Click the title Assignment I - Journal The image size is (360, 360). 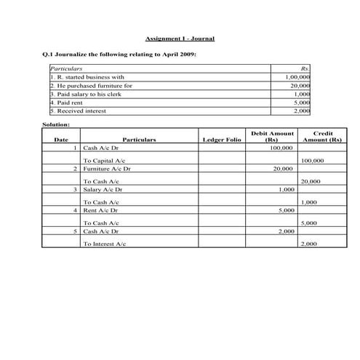click(x=180, y=38)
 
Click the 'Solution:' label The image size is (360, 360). click(x=56, y=125)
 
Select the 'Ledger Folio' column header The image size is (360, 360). click(x=221, y=138)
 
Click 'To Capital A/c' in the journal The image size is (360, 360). click(x=104, y=160)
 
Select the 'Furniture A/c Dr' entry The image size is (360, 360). click(x=107, y=169)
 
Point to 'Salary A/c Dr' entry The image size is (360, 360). click(x=104, y=189)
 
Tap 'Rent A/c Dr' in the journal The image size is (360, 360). click(x=102, y=210)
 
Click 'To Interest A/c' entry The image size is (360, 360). click(x=105, y=244)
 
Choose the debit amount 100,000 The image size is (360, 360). click(x=280, y=148)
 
